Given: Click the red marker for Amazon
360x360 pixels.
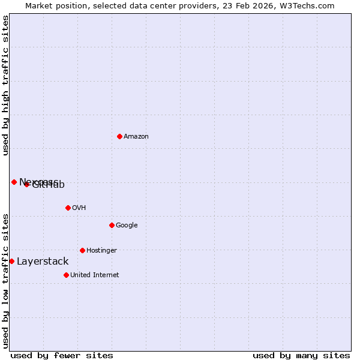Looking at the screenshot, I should click(x=119, y=136).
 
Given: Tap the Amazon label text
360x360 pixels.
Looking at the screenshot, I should click(x=136, y=137).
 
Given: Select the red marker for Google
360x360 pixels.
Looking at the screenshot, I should click(x=112, y=225).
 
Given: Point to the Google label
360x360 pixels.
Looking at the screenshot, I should click(x=127, y=226).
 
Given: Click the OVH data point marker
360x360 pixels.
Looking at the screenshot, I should click(x=68, y=208).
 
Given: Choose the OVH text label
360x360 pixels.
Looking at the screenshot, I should click(x=79, y=208).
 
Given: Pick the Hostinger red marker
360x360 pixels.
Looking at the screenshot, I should click(x=82, y=250).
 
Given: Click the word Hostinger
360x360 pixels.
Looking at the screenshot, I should click(x=101, y=251).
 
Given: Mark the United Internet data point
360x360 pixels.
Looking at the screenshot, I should click(x=66, y=275).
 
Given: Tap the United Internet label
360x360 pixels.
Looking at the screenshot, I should click(x=95, y=275).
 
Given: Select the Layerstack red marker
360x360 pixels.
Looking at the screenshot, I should click(x=11, y=261).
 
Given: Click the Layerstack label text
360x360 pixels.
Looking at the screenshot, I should click(x=43, y=262).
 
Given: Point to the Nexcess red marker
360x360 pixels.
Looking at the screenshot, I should click(x=14, y=182).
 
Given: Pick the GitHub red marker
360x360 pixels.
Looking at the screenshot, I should click(x=26, y=184).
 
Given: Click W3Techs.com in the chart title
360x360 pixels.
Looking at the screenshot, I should click(x=313, y=5).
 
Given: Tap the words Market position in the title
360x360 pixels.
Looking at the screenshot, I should click(x=54, y=5).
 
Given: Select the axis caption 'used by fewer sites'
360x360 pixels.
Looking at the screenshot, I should click(x=62, y=355).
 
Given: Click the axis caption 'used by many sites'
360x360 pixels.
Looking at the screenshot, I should click(x=301, y=355).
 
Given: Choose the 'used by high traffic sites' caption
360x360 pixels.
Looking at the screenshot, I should click(x=5, y=85).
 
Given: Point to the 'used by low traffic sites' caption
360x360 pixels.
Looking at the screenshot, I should click(x=5, y=280).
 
